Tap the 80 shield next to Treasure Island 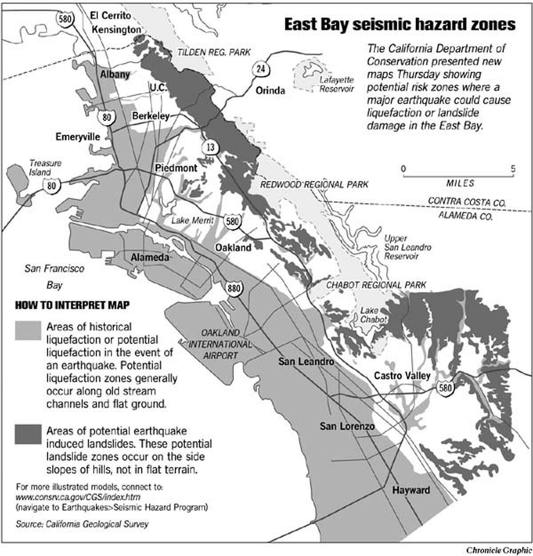coord(51,185)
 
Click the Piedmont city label coord(176,168)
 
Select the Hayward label coord(411,490)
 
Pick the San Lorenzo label coord(347,426)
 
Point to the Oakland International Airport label coord(220,344)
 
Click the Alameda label coord(150,258)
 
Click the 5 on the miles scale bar coord(513,169)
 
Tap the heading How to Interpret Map coord(72,305)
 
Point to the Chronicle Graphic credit coord(499,550)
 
